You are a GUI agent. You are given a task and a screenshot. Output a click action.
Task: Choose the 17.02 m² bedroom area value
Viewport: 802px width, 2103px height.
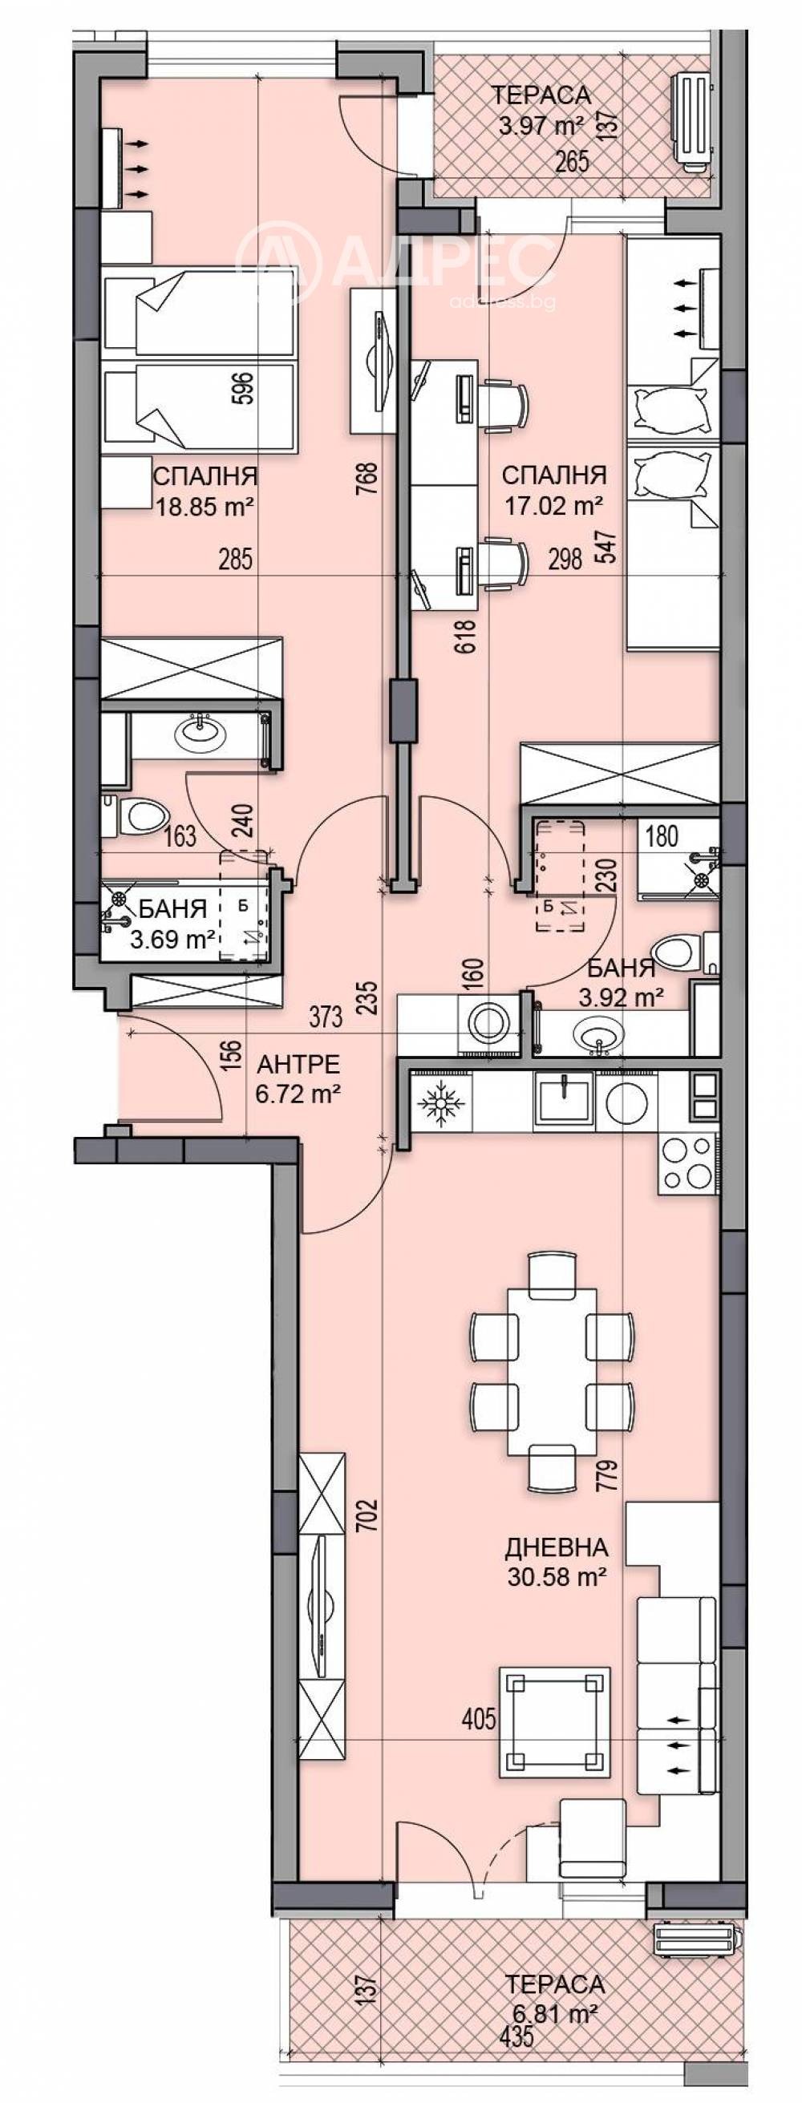point(553,506)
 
